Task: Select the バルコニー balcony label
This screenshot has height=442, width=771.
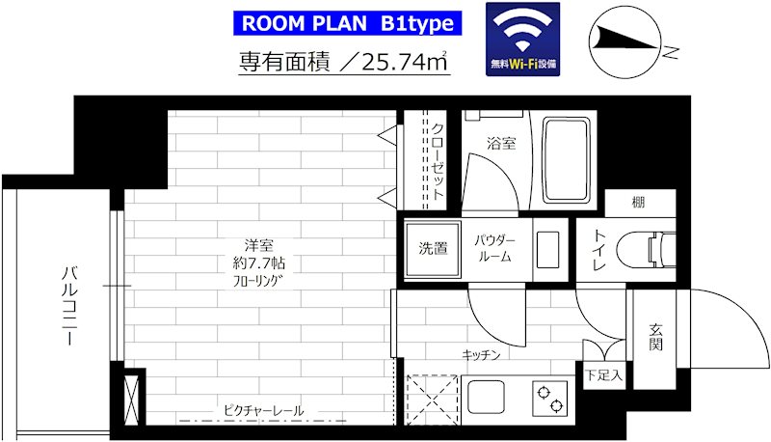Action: coord(68,304)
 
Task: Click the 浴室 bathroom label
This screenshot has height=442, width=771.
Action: coord(500,145)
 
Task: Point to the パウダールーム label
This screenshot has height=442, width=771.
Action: coord(494,248)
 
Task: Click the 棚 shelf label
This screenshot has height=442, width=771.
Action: coord(639,203)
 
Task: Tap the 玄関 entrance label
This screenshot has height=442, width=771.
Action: coord(656,337)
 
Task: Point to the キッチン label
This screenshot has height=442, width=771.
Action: coord(481,355)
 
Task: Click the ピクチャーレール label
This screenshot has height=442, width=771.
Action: coord(262,411)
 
